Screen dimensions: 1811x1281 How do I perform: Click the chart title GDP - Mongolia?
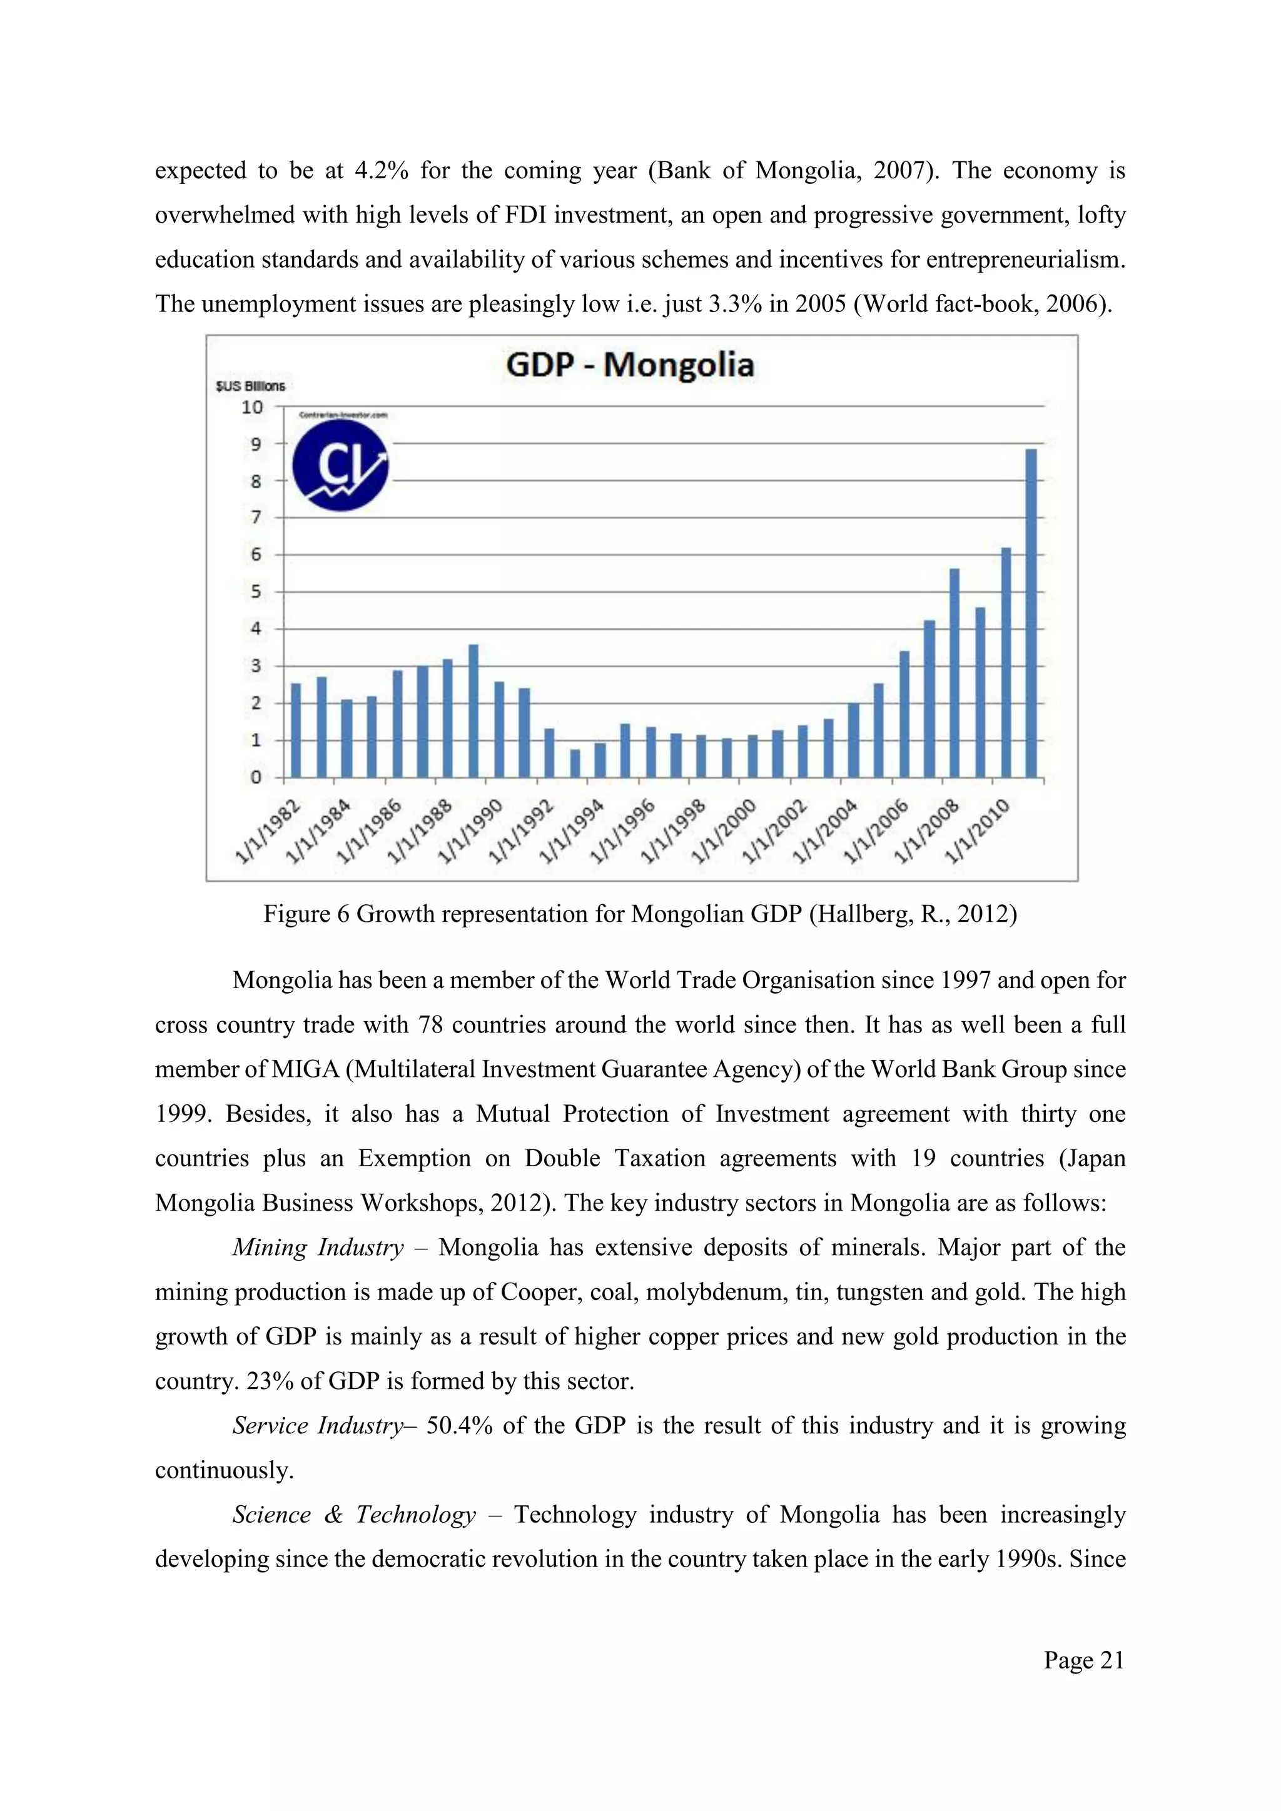[x=629, y=365]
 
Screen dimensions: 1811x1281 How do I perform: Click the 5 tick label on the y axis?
[x=256, y=592]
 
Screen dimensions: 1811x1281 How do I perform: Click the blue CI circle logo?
[x=340, y=465]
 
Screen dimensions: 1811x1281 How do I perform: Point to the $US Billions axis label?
[x=250, y=386]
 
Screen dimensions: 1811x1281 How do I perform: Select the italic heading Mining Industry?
[x=317, y=1247]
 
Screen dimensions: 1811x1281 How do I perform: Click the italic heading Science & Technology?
[x=354, y=1515]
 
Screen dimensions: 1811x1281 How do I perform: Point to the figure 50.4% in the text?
[x=459, y=1425]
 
